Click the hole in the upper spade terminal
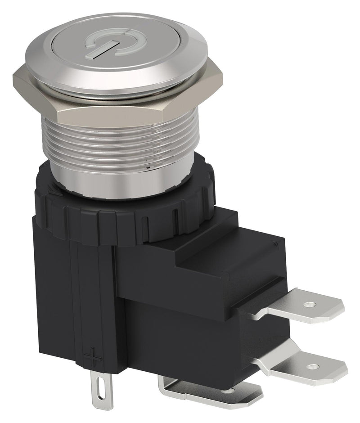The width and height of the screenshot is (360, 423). [308, 305]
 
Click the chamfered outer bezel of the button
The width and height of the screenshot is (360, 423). [189, 58]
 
